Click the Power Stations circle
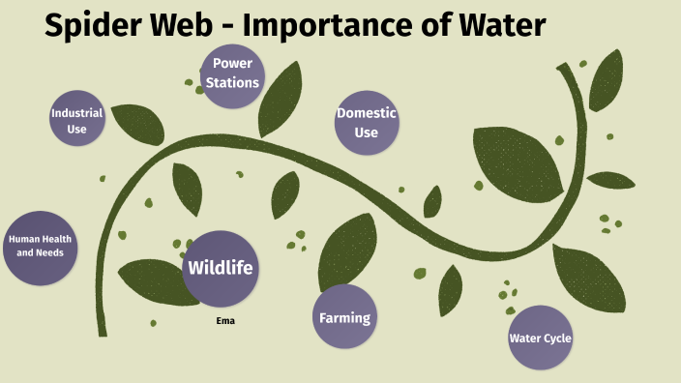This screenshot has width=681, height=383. click(232, 74)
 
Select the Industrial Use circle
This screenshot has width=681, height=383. click(77, 120)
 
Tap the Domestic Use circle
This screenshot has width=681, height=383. click(366, 122)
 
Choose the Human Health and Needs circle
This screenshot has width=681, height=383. click(40, 248)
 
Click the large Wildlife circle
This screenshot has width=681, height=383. click(221, 268)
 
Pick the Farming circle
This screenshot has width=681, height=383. click(344, 317)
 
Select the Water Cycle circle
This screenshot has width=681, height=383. click(540, 338)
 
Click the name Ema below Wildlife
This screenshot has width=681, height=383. click(224, 320)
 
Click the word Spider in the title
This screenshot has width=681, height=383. click(96, 26)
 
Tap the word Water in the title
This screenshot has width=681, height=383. click(498, 26)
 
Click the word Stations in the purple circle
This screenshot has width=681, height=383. click(232, 83)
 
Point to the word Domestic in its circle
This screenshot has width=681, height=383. click(366, 113)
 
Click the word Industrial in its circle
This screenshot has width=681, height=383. click(77, 113)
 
